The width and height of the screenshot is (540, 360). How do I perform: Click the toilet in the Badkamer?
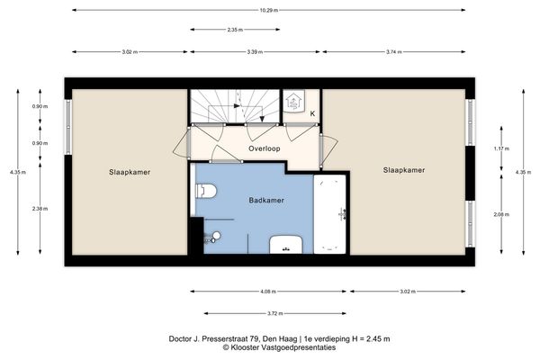(x=206, y=191)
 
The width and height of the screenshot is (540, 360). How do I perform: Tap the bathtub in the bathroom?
(x=329, y=214)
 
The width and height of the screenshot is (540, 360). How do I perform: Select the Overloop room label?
(x=264, y=148)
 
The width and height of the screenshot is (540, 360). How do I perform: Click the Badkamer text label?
(x=266, y=200)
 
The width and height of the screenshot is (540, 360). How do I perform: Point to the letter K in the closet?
(x=312, y=113)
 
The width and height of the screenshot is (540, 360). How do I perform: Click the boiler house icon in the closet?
(x=293, y=101)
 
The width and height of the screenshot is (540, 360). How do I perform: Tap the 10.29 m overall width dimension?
(x=268, y=10)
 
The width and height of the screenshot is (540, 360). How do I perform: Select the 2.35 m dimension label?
(x=235, y=30)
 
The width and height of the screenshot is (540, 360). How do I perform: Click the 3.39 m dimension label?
(x=255, y=52)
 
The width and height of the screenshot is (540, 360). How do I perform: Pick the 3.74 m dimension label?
(x=393, y=52)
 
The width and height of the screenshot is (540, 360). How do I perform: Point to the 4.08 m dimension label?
(x=268, y=292)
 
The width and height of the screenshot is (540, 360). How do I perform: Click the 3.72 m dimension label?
(x=275, y=313)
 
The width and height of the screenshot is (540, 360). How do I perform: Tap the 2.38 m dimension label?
(x=40, y=209)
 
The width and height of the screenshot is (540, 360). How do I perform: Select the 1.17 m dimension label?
(x=501, y=148)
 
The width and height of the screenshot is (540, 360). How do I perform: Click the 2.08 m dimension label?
(x=501, y=214)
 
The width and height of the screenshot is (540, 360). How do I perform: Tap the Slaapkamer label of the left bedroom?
(x=130, y=172)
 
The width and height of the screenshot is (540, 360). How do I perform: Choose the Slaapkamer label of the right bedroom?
(x=404, y=170)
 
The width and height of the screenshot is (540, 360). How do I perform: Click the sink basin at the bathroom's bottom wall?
(x=286, y=245)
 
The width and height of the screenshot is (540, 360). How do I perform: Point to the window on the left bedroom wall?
(x=68, y=127)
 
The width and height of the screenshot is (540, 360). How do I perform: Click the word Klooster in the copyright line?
(x=245, y=347)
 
